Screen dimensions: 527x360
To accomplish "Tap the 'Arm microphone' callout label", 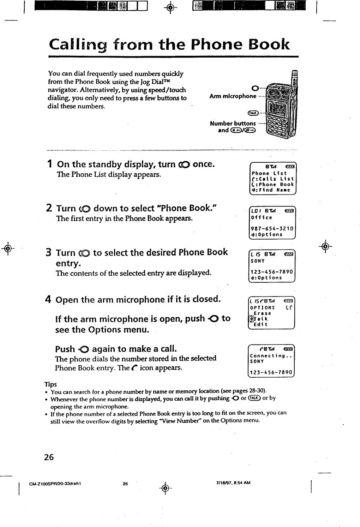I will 233,96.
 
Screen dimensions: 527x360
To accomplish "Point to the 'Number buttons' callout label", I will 233,123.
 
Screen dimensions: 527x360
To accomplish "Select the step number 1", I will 50,164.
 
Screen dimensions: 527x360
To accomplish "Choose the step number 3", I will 49,253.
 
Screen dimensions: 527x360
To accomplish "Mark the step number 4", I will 49,300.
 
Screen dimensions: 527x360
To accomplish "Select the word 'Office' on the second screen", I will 262,217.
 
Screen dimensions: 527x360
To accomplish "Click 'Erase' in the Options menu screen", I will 263,313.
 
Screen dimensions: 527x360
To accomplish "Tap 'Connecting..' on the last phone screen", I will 270,355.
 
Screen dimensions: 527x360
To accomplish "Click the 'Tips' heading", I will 50,384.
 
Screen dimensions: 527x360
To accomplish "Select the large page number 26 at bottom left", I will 49,457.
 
